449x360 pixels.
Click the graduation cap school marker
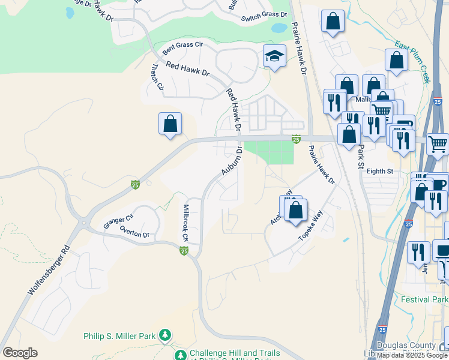274,56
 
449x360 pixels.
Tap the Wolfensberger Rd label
49,269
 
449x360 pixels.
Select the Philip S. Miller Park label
119,335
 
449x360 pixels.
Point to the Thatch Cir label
157,77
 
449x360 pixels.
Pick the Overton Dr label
133,232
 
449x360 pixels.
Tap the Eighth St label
379,172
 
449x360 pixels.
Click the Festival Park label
424,299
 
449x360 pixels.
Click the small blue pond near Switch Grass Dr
279,28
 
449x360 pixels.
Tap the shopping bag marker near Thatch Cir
170,124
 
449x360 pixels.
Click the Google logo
20,353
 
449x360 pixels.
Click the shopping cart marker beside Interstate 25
438,143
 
